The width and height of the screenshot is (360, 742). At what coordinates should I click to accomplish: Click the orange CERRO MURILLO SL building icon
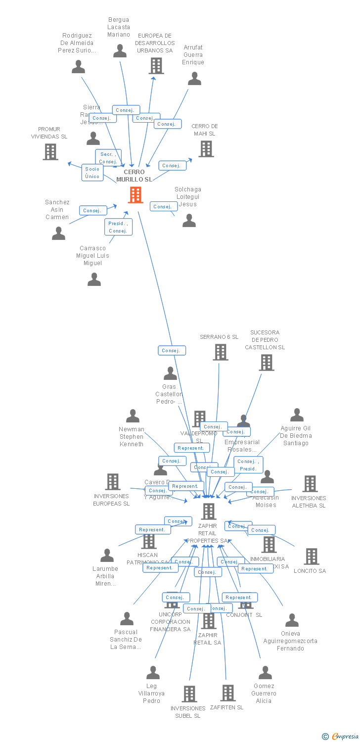(135, 195)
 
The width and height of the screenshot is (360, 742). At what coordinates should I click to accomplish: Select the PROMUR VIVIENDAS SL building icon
(50, 152)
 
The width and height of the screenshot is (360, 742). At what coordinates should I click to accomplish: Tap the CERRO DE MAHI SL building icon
(206, 148)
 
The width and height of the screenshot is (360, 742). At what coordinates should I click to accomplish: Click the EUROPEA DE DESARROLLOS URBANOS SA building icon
(156, 65)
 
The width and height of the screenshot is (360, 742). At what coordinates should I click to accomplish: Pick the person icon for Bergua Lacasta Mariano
(120, 50)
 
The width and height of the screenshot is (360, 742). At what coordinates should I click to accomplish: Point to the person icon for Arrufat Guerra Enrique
(194, 78)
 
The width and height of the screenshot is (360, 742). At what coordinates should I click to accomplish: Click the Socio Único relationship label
(92, 173)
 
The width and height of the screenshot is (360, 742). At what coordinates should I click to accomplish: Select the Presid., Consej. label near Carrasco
(118, 227)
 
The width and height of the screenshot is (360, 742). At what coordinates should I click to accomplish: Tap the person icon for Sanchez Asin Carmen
(58, 233)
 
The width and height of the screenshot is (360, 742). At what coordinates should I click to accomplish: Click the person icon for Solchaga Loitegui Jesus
(189, 221)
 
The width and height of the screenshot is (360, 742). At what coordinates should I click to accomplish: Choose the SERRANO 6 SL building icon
(221, 352)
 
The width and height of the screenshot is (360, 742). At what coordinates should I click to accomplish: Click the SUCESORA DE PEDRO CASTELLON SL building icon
(267, 363)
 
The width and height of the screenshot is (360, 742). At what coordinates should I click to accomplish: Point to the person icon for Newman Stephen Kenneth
(133, 416)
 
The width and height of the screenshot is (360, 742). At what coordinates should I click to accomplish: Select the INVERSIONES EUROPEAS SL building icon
(113, 482)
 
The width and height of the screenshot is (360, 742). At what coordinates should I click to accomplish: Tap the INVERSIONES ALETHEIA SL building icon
(310, 484)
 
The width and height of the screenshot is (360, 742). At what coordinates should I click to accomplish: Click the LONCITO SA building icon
(311, 556)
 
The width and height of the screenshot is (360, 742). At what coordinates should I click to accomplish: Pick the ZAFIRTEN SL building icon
(227, 693)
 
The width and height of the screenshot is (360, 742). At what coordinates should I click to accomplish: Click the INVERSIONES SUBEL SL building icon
(189, 694)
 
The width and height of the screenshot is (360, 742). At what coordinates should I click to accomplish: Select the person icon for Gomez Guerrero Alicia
(265, 673)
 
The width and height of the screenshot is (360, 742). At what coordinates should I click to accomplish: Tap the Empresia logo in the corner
(341, 737)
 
